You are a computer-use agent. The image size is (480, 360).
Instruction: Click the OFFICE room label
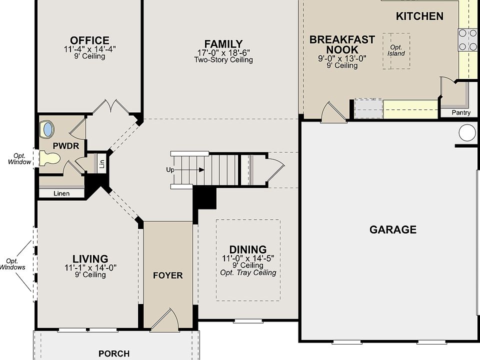point(89,40)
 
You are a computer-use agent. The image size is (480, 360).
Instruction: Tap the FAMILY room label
point(223,44)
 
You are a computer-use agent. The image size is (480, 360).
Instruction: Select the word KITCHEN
point(419,16)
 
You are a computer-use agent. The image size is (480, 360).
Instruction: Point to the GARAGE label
point(393,229)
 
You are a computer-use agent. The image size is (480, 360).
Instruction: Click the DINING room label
point(248,249)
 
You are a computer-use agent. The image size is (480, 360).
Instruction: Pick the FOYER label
point(168,275)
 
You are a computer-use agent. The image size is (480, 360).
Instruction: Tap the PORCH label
point(114,353)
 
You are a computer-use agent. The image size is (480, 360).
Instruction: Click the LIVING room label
point(90,259)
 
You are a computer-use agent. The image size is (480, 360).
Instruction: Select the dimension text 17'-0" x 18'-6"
point(223,52)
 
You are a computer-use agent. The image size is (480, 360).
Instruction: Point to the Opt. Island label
point(396,50)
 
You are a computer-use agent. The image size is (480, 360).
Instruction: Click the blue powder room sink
point(48,129)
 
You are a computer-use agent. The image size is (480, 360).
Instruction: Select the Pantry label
point(461,112)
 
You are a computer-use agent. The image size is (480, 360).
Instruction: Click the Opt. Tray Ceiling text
point(248,273)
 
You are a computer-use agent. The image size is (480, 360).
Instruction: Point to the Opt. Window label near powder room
point(19,159)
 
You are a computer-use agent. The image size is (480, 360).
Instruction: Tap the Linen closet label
point(61,193)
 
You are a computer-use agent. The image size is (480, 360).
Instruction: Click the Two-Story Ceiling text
point(223,59)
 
